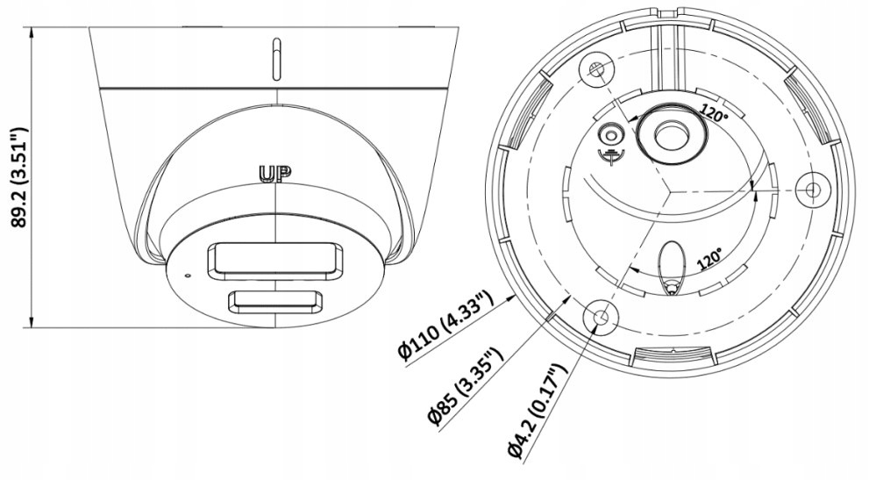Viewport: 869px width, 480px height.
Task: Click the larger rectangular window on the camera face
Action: [x=274, y=261]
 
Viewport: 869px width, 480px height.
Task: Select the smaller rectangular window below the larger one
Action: [x=274, y=301]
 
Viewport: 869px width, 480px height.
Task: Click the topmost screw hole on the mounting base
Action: [x=597, y=71]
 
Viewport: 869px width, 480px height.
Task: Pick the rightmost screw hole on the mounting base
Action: [x=812, y=188]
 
